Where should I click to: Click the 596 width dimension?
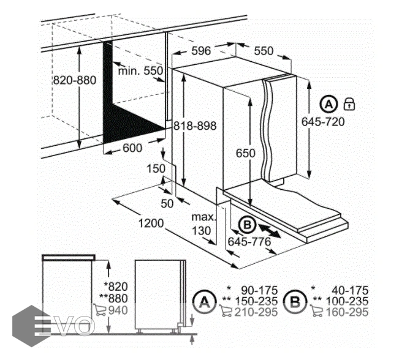point(201,51)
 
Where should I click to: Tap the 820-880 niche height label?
point(75,80)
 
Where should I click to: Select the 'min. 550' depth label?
point(141,70)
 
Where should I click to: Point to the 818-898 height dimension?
point(195,126)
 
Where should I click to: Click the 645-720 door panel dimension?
point(323,122)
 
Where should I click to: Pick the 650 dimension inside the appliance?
point(246,153)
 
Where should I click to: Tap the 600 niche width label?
point(132,148)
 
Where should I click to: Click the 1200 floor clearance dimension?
point(151,223)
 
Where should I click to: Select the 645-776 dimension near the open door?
point(249,242)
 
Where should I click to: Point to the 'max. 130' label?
point(204,223)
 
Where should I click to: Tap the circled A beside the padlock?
point(328,104)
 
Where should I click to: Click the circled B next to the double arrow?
point(247,225)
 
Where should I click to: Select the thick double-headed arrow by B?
point(270,230)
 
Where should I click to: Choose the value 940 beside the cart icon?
point(118,310)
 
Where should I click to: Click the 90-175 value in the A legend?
point(259,290)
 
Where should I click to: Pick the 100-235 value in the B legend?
point(347,301)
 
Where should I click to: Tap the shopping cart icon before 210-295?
point(226,311)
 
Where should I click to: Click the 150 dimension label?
point(156,168)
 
